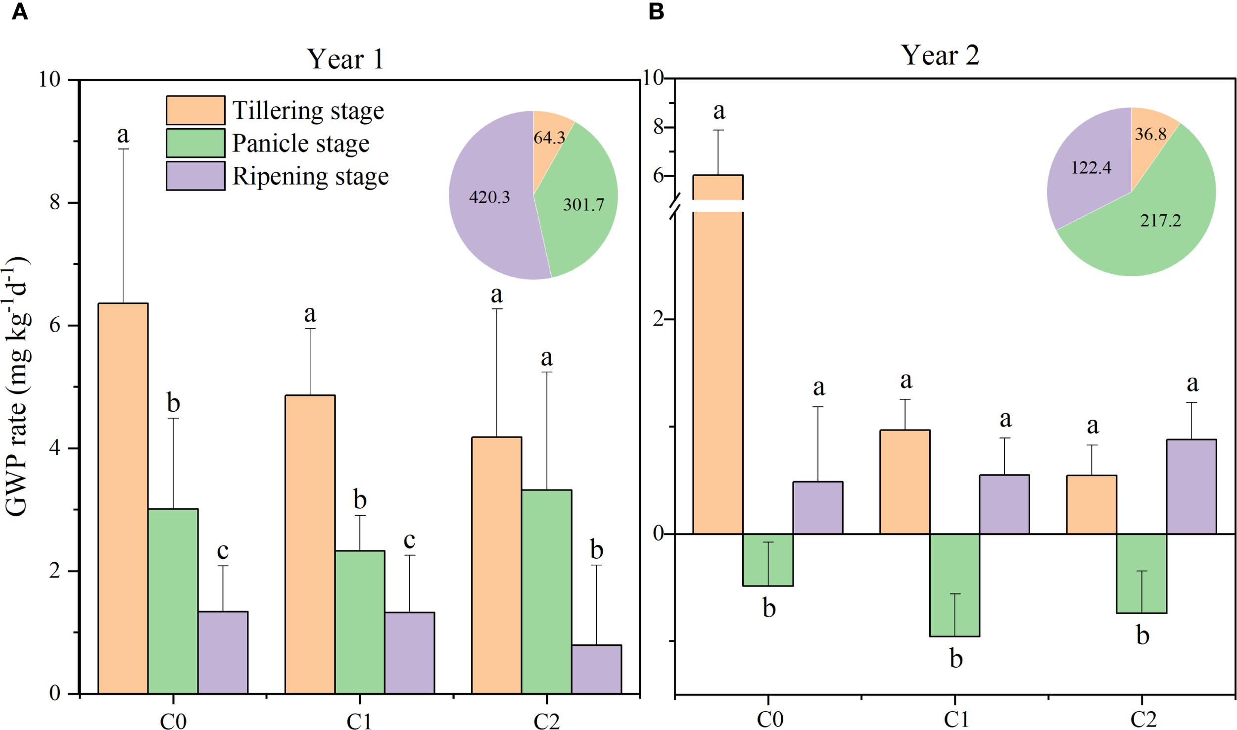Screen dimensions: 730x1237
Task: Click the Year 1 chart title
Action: click(x=345, y=59)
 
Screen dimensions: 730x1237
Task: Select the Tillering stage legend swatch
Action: click(x=195, y=110)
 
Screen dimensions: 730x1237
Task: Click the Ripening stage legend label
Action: click(x=310, y=176)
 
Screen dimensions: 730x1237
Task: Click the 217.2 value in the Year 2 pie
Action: click(x=1160, y=220)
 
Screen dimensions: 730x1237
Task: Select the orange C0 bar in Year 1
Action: click(x=123, y=495)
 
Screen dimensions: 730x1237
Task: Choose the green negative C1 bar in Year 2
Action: click(x=954, y=584)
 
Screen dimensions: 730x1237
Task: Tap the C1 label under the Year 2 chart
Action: click(x=956, y=719)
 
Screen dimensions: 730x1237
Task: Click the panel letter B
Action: click(x=656, y=11)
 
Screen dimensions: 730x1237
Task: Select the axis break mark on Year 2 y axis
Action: click(x=675, y=206)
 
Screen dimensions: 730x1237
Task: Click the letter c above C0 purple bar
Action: click(x=223, y=550)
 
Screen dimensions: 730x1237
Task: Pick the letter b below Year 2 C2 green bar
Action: click(x=1142, y=635)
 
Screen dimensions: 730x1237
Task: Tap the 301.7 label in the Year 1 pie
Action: click(x=583, y=204)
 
